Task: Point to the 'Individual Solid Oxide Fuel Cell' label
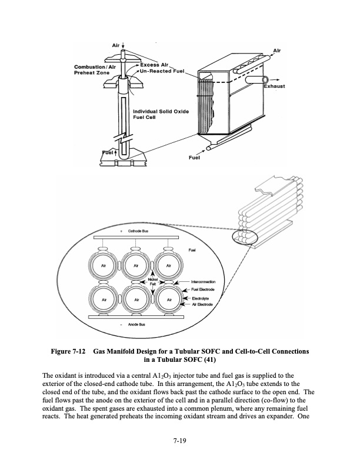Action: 161,114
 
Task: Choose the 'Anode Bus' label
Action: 136,324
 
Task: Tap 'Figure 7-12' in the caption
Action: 69,352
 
